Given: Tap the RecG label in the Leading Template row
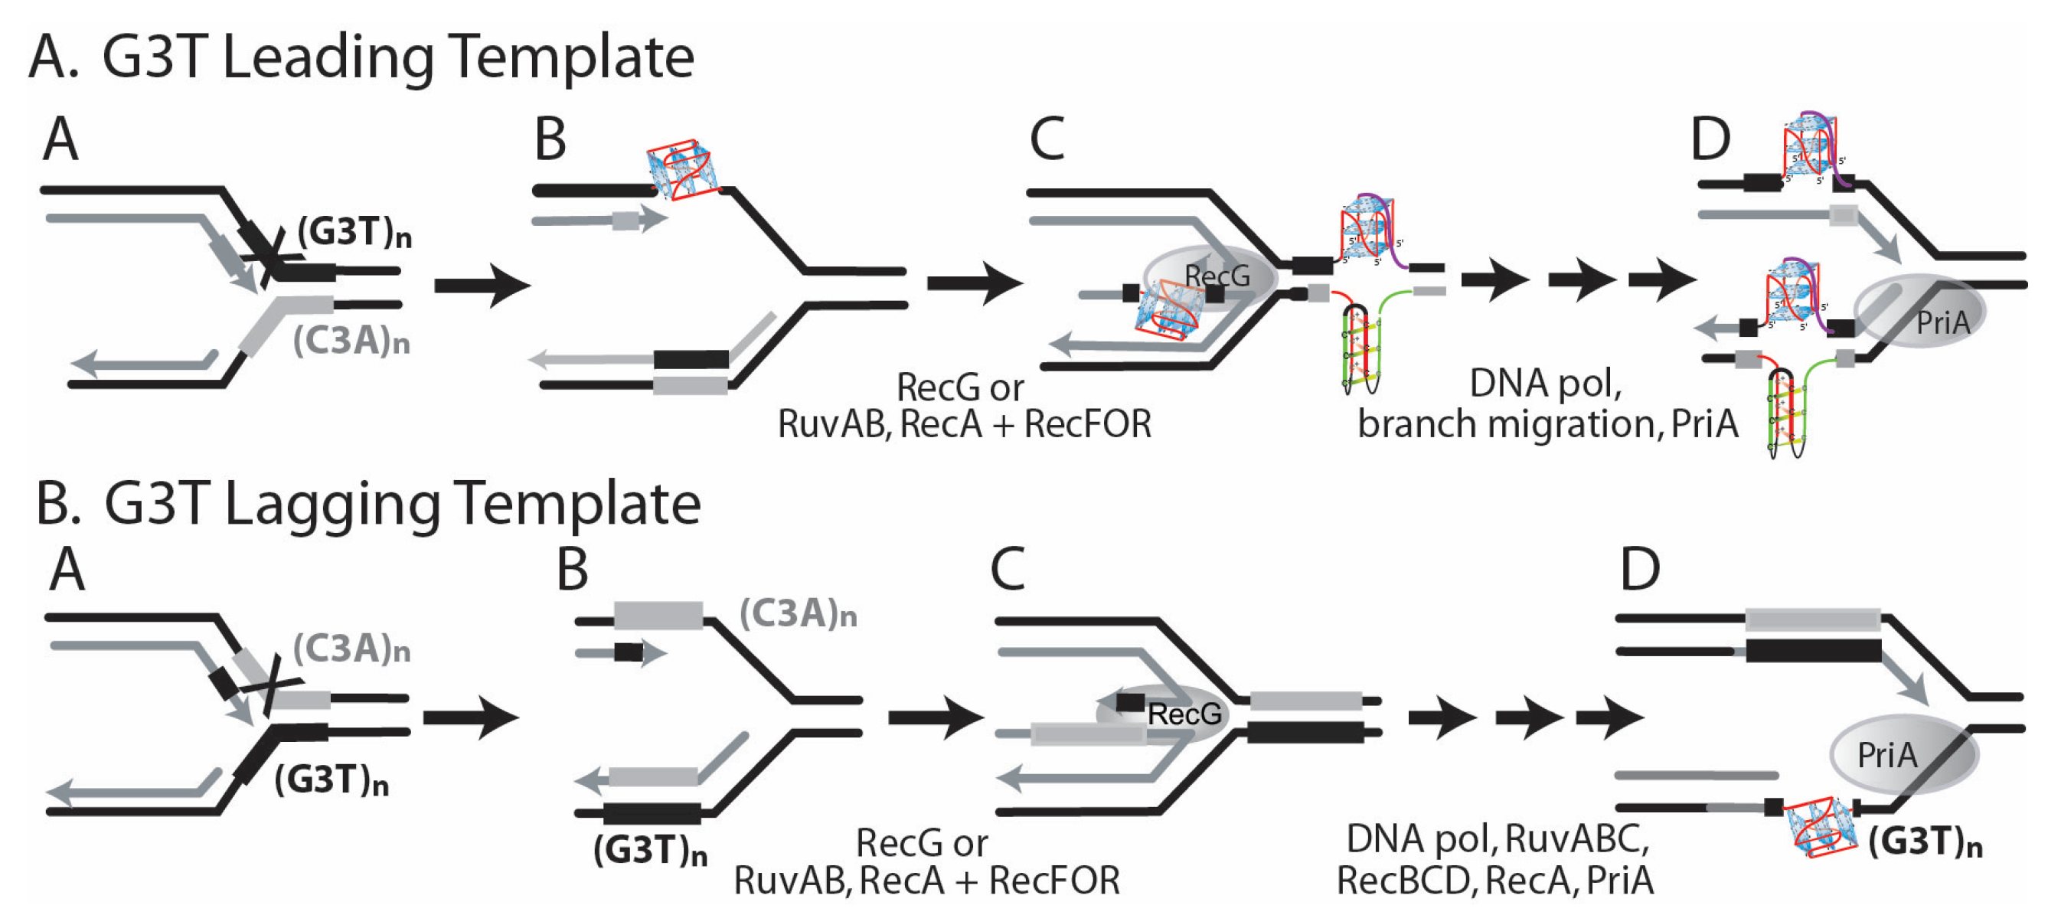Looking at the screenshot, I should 1217,276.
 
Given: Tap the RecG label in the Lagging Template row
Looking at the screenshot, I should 1184,714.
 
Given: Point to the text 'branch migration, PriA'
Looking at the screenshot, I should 1547,423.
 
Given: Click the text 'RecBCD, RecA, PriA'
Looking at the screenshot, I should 1494,880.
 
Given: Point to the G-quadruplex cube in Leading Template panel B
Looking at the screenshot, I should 682,169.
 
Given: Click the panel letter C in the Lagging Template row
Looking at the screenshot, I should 1008,569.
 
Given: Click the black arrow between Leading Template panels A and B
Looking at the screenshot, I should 482,285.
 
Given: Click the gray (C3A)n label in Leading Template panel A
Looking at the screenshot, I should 351,341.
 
